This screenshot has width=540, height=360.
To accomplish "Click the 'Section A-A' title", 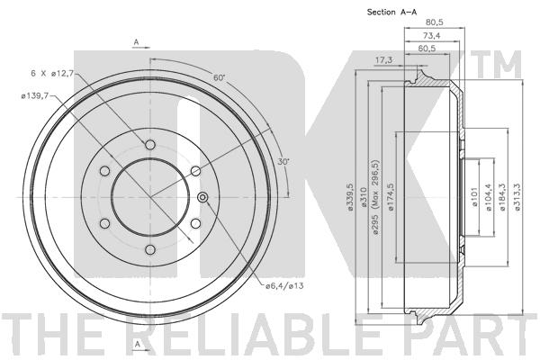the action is pyautogui.click(x=391, y=12).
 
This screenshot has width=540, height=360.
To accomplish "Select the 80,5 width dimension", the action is pyautogui.click(x=435, y=22).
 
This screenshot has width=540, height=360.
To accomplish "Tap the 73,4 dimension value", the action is pyautogui.click(x=431, y=35).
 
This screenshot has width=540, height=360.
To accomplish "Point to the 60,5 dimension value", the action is pyautogui.click(x=427, y=49).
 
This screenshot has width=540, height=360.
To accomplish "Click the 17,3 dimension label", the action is pyautogui.click(x=383, y=60).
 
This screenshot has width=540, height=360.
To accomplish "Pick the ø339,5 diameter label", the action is pyautogui.click(x=350, y=197).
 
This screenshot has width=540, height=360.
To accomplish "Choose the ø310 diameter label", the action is pyautogui.click(x=363, y=197).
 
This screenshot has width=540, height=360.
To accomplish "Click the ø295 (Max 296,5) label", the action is pyautogui.click(x=375, y=197).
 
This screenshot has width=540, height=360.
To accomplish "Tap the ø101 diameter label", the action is pyautogui.click(x=475, y=197).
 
